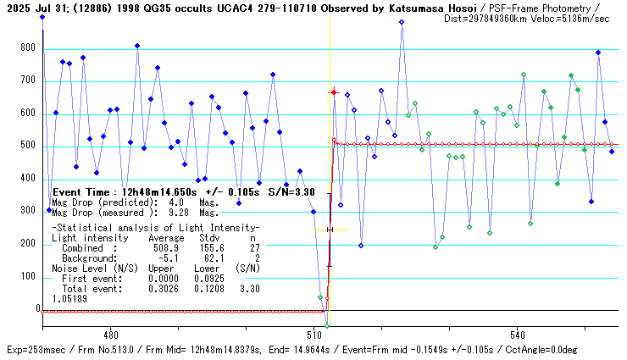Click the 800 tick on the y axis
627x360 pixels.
point(26,48)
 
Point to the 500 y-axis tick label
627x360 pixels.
point(26,147)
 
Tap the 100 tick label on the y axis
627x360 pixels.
point(26,277)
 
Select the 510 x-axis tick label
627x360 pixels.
point(313,335)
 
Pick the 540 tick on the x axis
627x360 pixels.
point(518,335)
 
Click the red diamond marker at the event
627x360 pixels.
point(334,91)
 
